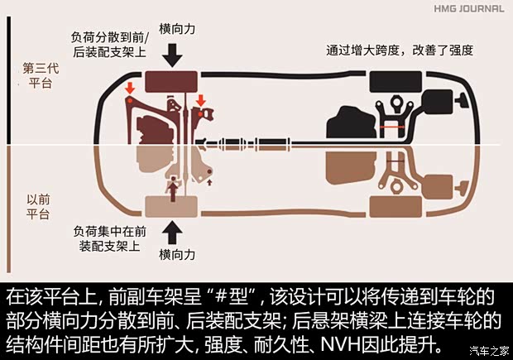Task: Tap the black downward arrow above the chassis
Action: pos(173,55)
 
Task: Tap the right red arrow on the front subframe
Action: pos(201,102)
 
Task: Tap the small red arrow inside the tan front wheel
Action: pos(172,192)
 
